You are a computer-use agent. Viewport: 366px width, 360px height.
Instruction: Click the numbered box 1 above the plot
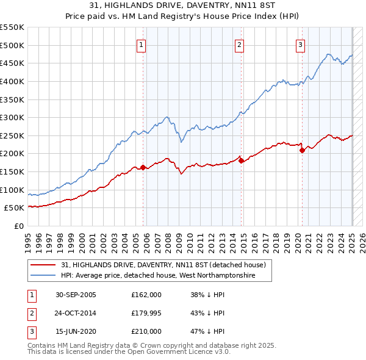point(141,44)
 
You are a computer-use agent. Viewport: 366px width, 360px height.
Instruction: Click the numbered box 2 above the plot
point(240,44)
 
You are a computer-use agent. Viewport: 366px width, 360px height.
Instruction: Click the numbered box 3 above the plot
point(301,44)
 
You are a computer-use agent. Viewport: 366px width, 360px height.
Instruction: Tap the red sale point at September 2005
point(143,167)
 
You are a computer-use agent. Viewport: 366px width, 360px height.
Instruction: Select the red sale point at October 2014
point(241,160)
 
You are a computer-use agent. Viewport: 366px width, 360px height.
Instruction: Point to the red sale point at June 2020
point(302,150)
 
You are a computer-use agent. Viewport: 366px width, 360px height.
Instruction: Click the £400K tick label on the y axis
point(12,81)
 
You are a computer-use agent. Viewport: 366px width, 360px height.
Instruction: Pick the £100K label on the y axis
point(12,190)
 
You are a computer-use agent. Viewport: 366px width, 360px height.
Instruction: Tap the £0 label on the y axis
point(18,226)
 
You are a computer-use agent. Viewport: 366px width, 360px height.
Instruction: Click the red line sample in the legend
point(43,265)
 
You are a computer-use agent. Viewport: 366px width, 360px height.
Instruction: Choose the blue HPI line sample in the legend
point(43,276)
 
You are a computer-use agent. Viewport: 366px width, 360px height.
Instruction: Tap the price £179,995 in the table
point(146,313)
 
